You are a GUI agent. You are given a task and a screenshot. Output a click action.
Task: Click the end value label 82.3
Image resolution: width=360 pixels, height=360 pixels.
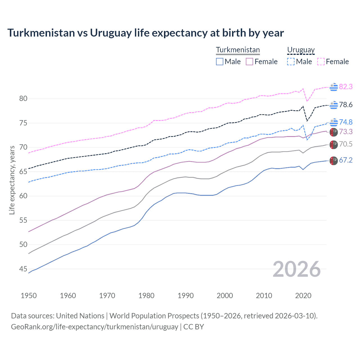tap(346, 87)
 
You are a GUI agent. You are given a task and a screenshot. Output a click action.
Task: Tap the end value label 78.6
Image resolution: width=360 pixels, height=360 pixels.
tap(346, 105)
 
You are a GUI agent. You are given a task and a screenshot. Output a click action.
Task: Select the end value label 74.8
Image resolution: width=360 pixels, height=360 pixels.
tap(346, 122)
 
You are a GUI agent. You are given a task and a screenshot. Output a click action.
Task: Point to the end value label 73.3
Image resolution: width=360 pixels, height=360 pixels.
tap(346, 132)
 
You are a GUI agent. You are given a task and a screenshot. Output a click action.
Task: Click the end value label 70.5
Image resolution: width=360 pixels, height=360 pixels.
tap(346, 144)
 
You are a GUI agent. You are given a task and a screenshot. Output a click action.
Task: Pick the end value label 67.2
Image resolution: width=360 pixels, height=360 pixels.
tap(346, 160)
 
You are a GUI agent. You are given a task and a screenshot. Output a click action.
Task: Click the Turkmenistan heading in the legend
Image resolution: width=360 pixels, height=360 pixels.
tap(238, 50)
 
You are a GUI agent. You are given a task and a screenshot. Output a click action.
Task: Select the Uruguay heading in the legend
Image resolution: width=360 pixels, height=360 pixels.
tap(301, 50)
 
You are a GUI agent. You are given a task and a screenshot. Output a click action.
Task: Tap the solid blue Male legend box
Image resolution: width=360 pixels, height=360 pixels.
tap(220, 62)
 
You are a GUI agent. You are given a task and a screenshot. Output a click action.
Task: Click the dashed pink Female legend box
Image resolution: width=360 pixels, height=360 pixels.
tap(321, 62)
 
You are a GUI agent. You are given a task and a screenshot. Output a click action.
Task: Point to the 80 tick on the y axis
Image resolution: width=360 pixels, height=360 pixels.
tap(23, 99)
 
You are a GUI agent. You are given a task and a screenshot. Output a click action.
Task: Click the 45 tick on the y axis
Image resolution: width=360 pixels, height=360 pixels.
tap(23, 269)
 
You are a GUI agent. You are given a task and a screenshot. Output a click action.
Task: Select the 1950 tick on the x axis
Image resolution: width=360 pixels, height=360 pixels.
tap(29, 296)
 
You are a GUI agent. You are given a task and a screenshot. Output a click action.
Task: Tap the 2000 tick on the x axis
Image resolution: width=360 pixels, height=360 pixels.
tap(225, 296)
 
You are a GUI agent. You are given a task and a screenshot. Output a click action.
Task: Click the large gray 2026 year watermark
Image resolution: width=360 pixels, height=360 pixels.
tap(296, 269)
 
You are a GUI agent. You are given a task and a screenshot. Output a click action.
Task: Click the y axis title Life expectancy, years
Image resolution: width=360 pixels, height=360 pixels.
tap(12, 180)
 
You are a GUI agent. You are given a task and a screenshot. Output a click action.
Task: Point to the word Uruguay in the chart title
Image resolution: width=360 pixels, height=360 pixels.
tap(111, 33)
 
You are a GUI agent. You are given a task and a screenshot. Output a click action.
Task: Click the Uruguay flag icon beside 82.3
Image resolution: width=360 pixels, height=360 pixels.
tap(334, 87)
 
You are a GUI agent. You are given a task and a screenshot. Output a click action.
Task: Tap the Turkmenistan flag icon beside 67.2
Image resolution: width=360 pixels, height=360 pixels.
tap(334, 161)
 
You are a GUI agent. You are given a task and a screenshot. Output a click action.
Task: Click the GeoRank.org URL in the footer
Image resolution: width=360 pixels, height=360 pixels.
tap(94, 327)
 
